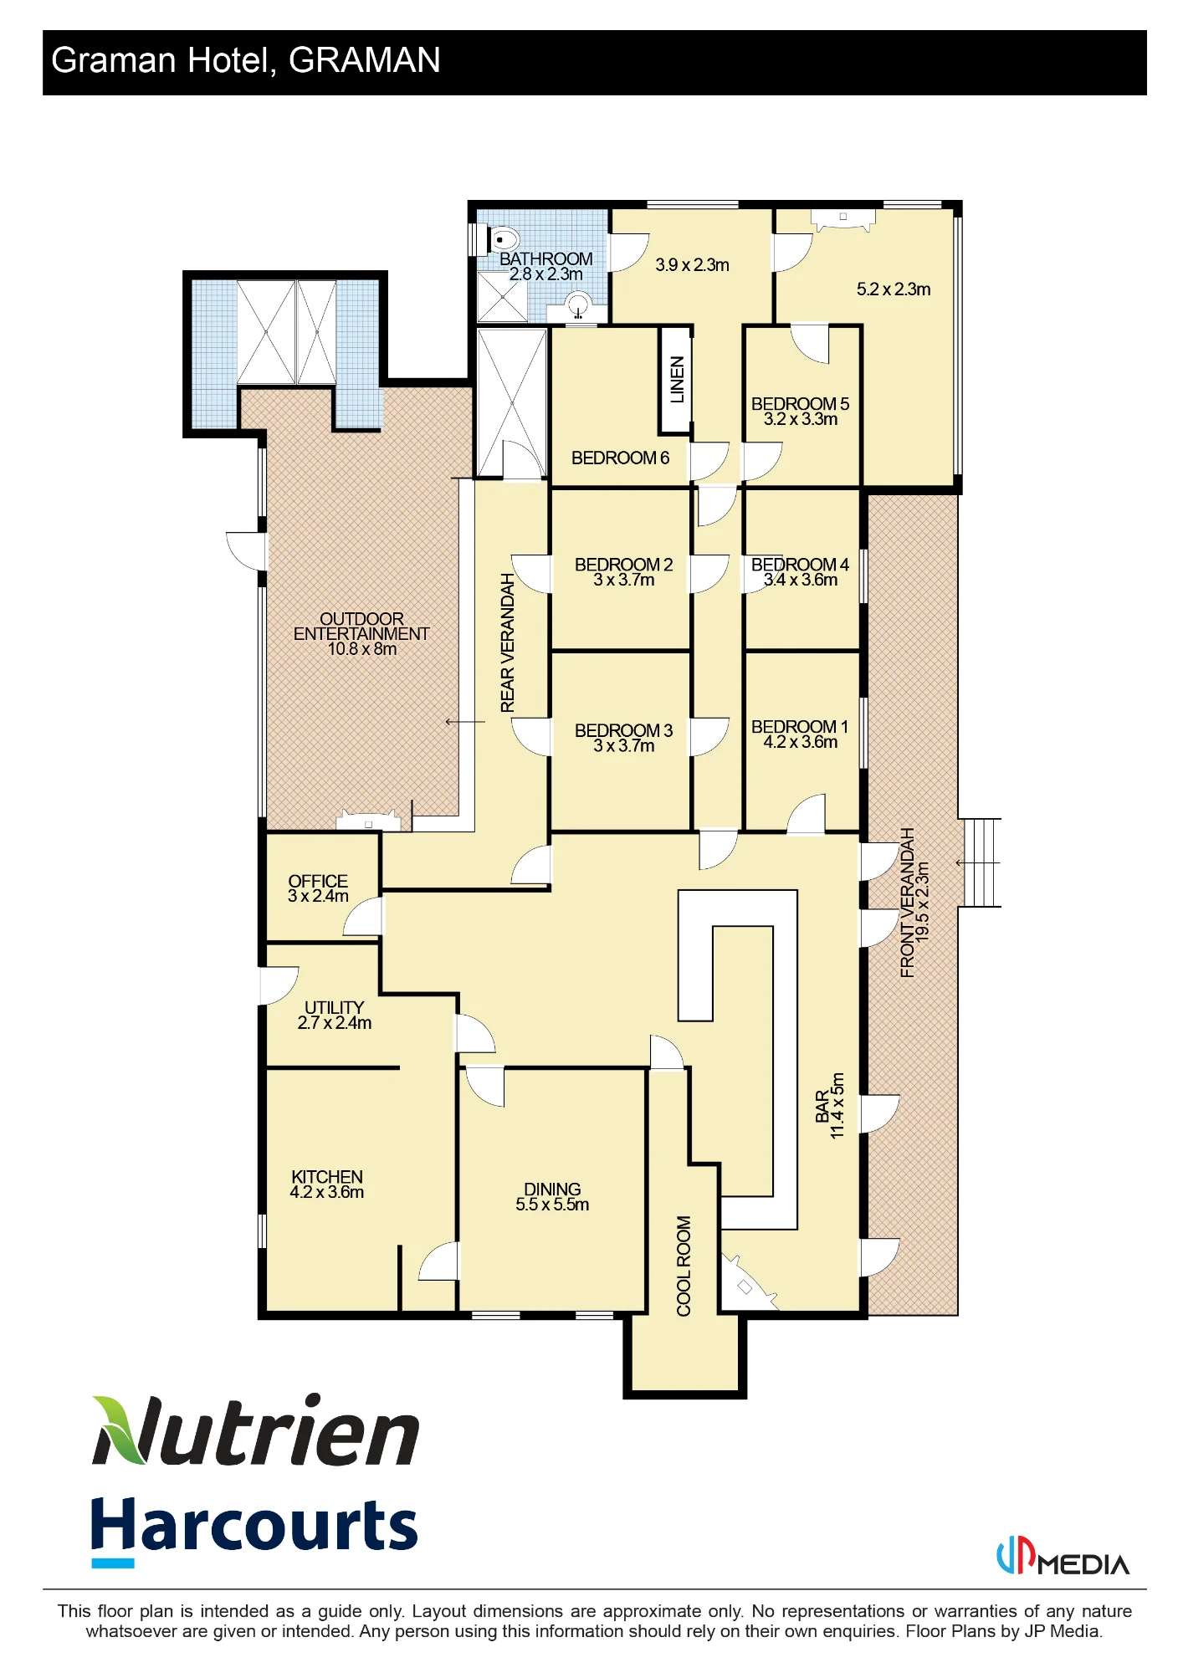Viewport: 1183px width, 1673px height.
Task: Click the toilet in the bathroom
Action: pyautogui.click(x=504, y=239)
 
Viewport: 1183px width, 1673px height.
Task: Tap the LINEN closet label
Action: pyautogui.click(x=677, y=380)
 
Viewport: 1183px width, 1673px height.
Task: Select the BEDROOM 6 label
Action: pyautogui.click(x=620, y=458)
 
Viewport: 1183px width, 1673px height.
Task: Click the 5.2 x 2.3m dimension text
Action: pyautogui.click(x=894, y=289)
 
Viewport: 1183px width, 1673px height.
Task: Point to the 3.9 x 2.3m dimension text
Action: pyautogui.click(x=692, y=265)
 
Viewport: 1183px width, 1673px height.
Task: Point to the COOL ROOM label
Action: pyautogui.click(x=684, y=1266)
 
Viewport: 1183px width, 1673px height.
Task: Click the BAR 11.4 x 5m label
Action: pyautogui.click(x=830, y=1106)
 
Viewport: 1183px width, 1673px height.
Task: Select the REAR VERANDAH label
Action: pyautogui.click(x=507, y=643)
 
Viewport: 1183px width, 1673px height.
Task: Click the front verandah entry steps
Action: pyautogui.click(x=982, y=862)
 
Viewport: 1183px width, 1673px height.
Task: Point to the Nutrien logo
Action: pyautogui.click(x=255, y=1430)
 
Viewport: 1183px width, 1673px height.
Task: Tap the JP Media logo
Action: pyautogui.click(x=1063, y=1558)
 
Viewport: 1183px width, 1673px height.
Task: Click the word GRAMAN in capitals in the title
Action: pyautogui.click(x=365, y=60)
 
